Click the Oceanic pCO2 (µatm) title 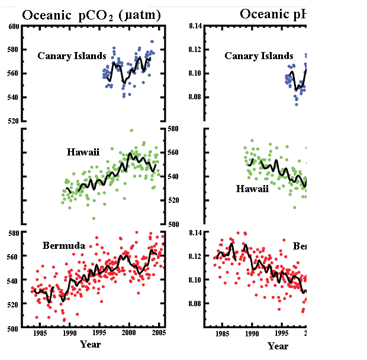(91, 15)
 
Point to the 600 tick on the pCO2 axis (12, 27)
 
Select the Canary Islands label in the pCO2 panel (72, 56)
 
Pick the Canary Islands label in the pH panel (259, 56)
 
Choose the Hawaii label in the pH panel (252, 189)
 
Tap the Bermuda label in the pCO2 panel (64, 245)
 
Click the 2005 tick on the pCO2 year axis (159, 333)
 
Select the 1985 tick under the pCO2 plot (40, 333)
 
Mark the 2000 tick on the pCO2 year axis (129, 333)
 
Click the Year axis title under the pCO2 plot (91, 345)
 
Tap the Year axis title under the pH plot (278, 346)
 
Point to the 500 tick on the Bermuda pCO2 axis (12, 328)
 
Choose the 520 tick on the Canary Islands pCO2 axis (12, 121)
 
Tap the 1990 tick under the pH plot (251, 333)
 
